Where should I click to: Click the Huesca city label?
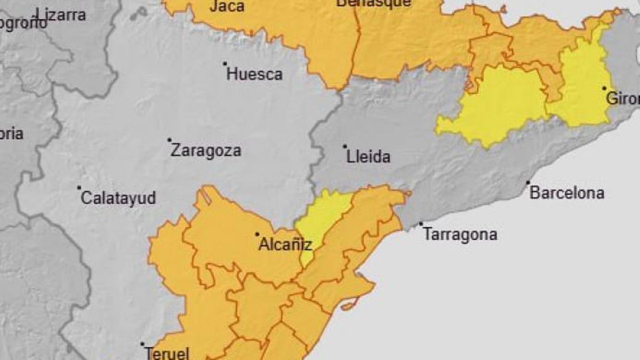pyautogui.click(x=254, y=74)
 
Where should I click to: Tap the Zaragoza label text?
pyautogui.click(x=205, y=150)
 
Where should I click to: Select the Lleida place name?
pyautogui.click(x=368, y=157)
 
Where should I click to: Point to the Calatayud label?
pyautogui.click(x=118, y=198)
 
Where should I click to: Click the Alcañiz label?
pyautogui.click(x=285, y=245)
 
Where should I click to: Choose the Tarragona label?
pyautogui.click(x=460, y=234)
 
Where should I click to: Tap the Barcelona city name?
pyautogui.click(x=567, y=193)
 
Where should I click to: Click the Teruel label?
pyautogui.click(x=167, y=353)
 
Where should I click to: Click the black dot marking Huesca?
pyautogui.click(x=225, y=63)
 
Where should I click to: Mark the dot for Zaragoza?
pyautogui.click(x=170, y=140)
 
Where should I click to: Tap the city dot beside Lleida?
pyautogui.click(x=345, y=146)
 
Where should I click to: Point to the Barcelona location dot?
pyautogui.click(x=528, y=182)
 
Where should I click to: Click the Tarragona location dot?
pyautogui.click(x=421, y=224)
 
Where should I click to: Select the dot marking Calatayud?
pyautogui.click(x=79, y=188)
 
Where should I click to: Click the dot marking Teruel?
pyautogui.click(x=142, y=344)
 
